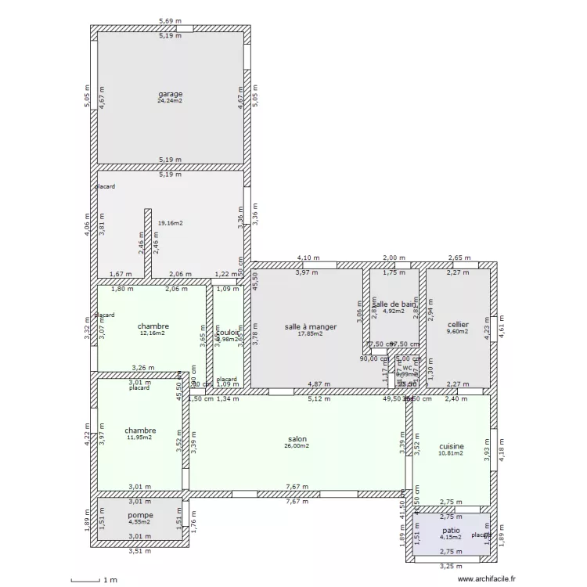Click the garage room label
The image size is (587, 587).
(x=170, y=94)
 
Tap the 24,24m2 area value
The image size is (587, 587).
(x=170, y=101)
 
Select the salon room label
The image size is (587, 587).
(x=297, y=439)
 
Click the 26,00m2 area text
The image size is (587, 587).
(x=297, y=446)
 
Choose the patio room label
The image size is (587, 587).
(x=450, y=530)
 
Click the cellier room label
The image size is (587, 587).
(x=458, y=324)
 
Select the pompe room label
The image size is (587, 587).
(x=140, y=515)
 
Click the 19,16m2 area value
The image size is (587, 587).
(x=170, y=223)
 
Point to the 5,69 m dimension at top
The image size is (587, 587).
(x=170, y=21)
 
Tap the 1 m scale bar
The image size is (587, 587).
(x=94, y=580)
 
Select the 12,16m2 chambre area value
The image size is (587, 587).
(x=153, y=333)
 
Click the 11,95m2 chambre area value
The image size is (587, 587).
(x=139, y=438)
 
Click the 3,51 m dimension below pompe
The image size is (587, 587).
(x=139, y=550)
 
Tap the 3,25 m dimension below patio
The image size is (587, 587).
(x=450, y=566)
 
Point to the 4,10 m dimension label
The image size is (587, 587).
(x=308, y=257)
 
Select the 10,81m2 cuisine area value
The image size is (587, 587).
(x=451, y=452)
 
